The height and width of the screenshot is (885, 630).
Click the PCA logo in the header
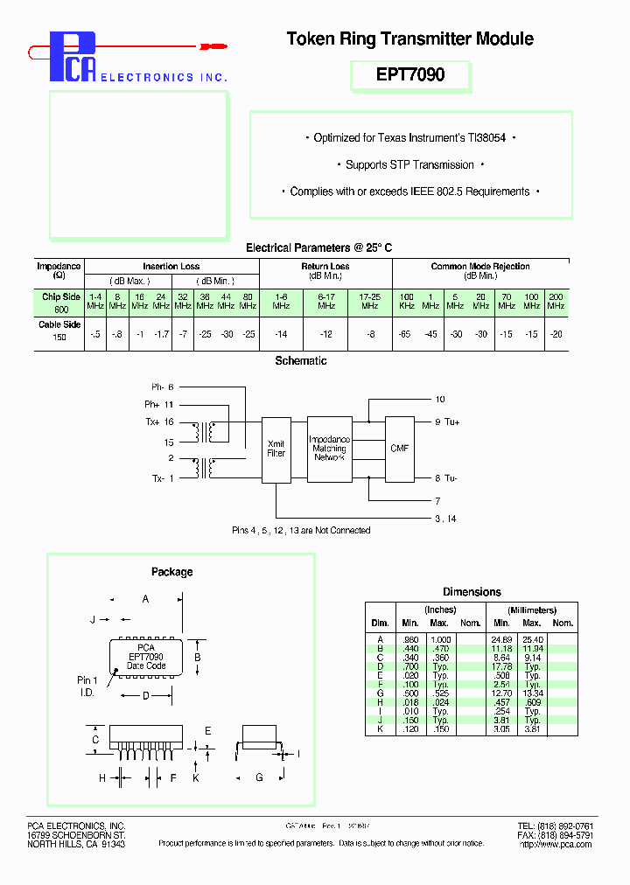(72, 58)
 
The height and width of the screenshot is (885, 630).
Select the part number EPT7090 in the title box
(410, 75)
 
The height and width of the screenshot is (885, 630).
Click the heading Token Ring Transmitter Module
(409, 38)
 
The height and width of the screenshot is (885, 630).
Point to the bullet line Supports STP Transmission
(410, 164)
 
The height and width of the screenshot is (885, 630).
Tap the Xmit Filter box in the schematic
(276, 449)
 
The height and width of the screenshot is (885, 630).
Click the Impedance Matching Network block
(330, 449)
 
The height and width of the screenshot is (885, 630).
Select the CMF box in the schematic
(399, 449)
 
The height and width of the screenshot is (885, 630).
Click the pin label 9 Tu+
(447, 422)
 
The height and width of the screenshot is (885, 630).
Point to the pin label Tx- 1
(163, 478)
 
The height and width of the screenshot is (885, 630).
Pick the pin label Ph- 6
(163, 387)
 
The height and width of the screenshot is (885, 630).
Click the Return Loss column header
(325, 267)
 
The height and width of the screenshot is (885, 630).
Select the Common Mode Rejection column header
(480, 267)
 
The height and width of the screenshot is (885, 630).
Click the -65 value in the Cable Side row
(404, 335)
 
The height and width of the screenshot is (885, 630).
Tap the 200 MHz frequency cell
(556, 302)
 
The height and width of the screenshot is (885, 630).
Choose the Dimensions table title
(472, 592)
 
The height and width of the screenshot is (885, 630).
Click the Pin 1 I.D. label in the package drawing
(87, 685)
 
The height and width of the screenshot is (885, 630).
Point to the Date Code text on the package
(146, 665)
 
